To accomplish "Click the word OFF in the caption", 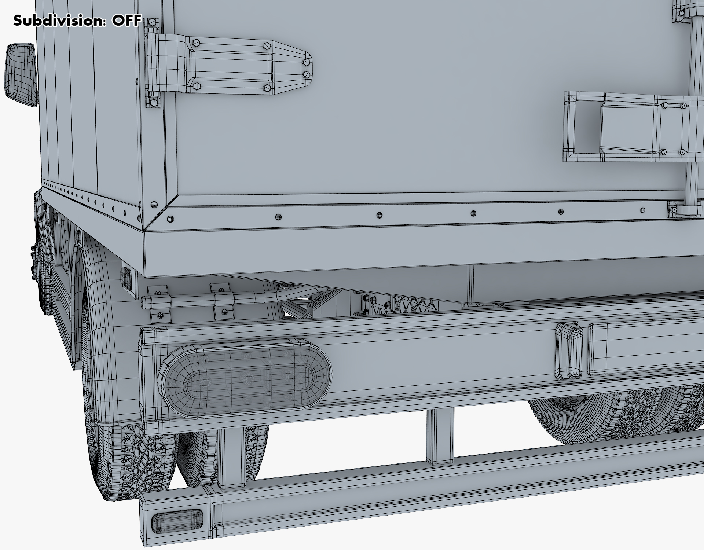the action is (126, 21).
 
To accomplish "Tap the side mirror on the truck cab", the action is (21, 75).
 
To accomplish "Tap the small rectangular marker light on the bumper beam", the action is (569, 351).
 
